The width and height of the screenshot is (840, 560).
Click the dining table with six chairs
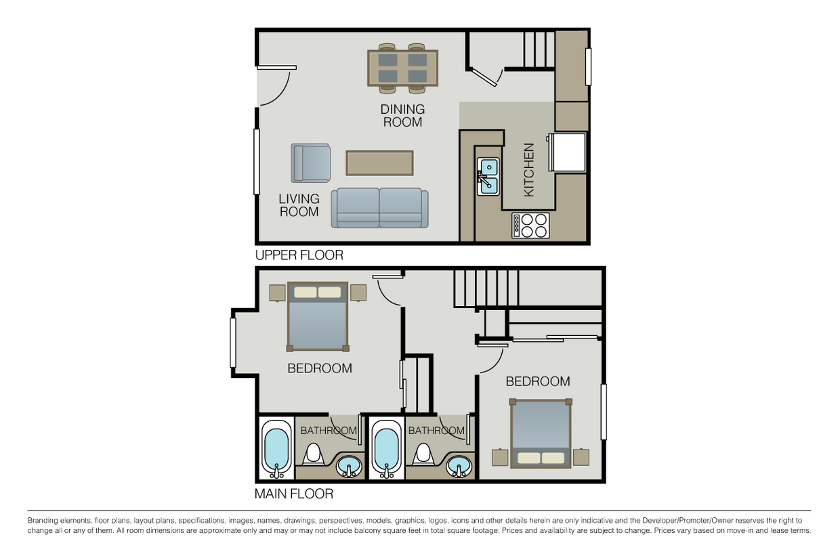(402, 68)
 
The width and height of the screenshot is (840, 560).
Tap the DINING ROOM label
(402, 116)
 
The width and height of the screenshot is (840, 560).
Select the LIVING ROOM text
(299, 205)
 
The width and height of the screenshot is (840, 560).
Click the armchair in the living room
(311, 163)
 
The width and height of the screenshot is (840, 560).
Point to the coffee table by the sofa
(379, 163)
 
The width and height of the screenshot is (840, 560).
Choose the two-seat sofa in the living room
(379, 208)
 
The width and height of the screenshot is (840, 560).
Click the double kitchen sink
(488, 176)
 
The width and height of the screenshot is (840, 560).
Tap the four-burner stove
(530, 225)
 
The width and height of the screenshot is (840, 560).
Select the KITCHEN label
(529, 170)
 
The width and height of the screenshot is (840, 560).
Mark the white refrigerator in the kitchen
(568, 152)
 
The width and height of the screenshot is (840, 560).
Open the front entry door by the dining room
(274, 86)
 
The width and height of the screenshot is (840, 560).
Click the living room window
(257, 161)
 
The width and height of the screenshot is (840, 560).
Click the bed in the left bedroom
(318, 316)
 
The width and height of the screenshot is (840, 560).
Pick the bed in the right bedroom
(541, 433)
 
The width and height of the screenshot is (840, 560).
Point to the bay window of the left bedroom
(232, 343)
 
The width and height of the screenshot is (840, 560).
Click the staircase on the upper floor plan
(539, 49)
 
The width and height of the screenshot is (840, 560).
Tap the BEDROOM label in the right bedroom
(538, 381)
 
